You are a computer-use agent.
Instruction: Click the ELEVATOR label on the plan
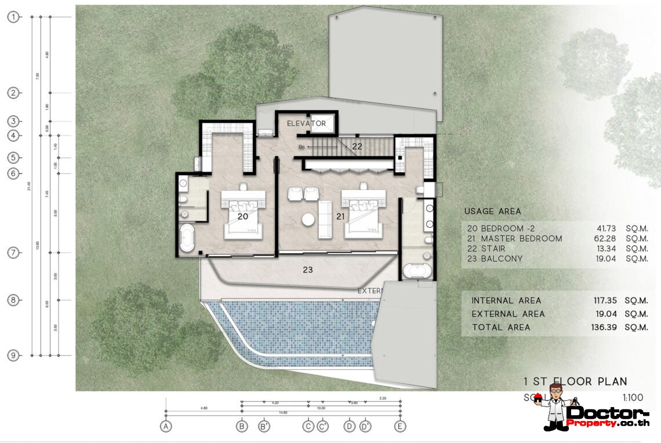(306, 124)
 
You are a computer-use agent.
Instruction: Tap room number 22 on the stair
(357, 147)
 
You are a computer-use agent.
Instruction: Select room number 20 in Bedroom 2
(243, 216)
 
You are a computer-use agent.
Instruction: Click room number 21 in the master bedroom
(341, 217)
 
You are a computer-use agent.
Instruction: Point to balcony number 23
(308, 270)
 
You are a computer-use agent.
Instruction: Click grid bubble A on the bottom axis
(166, 426)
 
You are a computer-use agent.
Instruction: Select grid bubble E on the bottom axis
(399, 426)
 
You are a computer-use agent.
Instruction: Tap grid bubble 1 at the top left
(13, 17)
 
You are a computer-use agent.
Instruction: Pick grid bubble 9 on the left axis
(13, 355)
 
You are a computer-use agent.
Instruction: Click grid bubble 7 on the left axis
(13, 253)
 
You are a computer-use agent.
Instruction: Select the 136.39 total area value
(604, 328)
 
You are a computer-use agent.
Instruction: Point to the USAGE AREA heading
(492, 212)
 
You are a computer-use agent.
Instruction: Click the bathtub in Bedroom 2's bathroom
(186, 239)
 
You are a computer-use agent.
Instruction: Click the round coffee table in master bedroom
(308, 219)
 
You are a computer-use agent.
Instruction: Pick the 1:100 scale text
(633, 398)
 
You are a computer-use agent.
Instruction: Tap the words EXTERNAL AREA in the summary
(508, 314)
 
